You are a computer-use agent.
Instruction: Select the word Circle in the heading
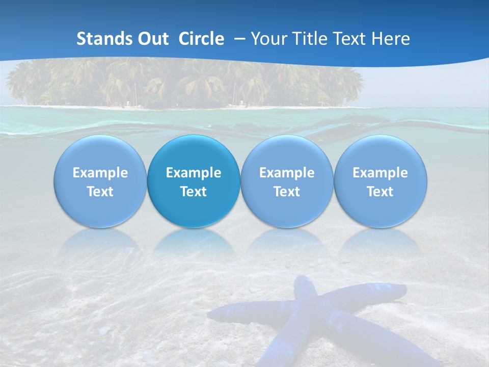pos(201,39)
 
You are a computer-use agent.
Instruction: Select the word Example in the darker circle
pos(194,173)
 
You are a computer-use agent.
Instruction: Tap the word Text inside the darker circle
pos(194,192)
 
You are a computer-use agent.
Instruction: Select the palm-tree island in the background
pos(183,82)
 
